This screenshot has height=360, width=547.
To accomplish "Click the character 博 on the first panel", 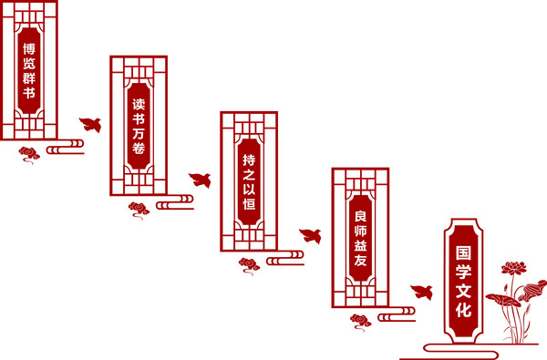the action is coord(29,49).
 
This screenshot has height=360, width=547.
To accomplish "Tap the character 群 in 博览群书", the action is coord(29,77).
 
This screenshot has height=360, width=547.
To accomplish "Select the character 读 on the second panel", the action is coord(139,104).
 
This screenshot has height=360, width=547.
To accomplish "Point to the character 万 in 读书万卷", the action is coord(139,134).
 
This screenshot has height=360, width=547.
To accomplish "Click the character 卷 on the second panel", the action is coord(139,149).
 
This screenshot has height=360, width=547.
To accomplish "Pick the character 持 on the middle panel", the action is coord(249,160).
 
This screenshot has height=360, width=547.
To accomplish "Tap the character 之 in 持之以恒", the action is coord(249,175).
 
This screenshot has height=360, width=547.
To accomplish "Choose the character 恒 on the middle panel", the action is coord(249,204).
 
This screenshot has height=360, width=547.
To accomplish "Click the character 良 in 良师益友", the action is coord(360,216).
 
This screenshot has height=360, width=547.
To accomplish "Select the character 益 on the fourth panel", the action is coord(360,245).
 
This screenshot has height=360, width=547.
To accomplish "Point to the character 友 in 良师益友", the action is coord(360,261).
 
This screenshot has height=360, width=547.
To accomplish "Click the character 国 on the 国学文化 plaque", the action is coord(463,252).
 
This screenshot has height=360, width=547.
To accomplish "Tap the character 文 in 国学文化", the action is coord(463,291).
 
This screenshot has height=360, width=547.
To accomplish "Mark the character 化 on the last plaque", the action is coord(463,310).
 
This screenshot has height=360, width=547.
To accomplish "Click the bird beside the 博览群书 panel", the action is coord(90,125).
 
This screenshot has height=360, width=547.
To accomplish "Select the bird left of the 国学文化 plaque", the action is coord(422,293).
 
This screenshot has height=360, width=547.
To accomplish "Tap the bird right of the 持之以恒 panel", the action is coord(311,236).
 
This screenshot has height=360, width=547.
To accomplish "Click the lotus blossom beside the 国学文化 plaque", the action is coord(514,268).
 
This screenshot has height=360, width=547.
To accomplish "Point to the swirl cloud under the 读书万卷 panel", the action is coord(139,210).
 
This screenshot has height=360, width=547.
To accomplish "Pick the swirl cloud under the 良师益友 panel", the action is coord(361,322).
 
